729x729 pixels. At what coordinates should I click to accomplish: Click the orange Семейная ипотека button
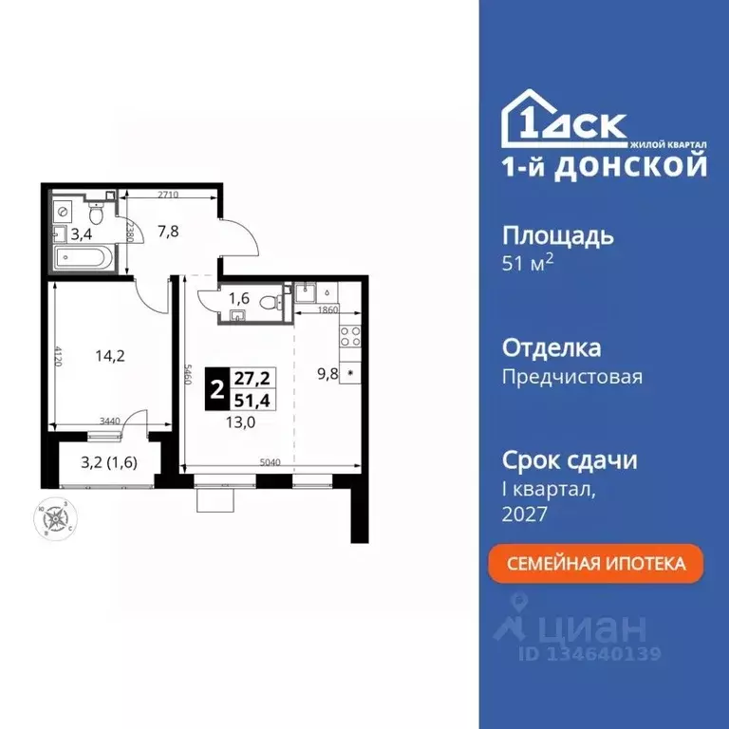click(596, 564)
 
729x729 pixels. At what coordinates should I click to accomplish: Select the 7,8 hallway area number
click(167, 229)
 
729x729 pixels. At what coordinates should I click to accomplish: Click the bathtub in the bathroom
click(83, 258)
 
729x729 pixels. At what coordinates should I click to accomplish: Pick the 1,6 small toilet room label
click(238, 300)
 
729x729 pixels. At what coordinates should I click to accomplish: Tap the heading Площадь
click(557, 235)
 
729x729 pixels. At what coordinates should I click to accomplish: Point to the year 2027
click(525, 514)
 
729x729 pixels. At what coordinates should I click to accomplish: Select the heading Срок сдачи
click(569, 460)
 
